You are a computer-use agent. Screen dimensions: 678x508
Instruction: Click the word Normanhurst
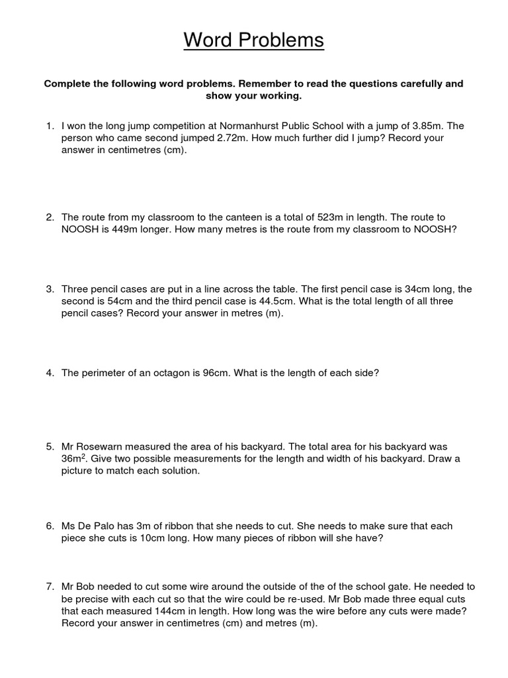tap(239, 125)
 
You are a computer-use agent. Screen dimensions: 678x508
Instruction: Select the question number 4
tap(50, 373)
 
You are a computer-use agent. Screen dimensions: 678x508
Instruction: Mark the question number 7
tap(50, 587)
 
